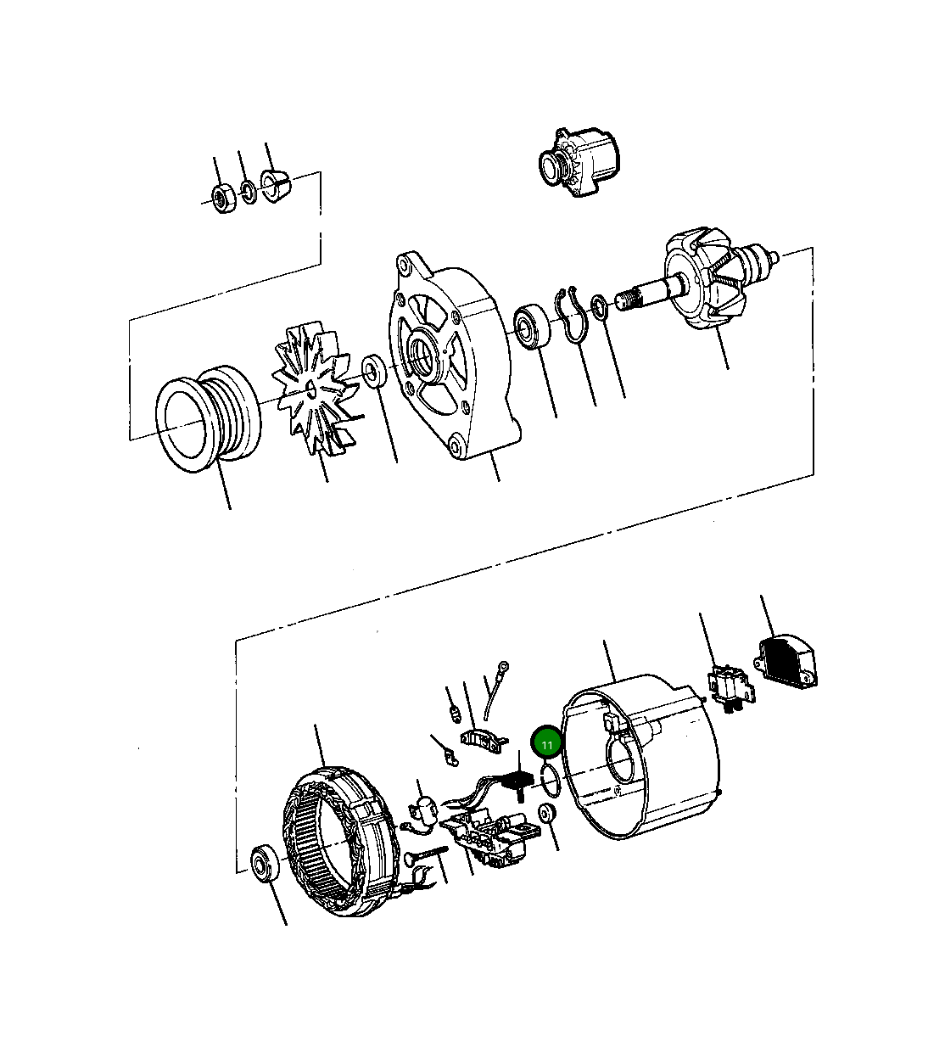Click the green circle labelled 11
(546, 743)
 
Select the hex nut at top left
(223, 198)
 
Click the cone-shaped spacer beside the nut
(276, 187)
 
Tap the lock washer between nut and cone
(248, 193)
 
